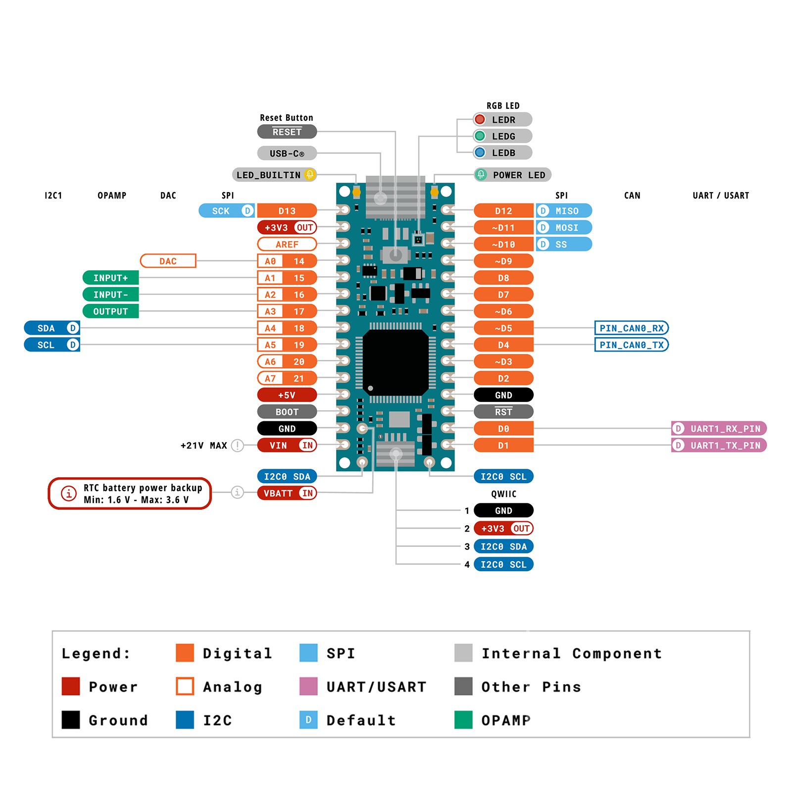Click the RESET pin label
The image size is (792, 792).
(287, 132)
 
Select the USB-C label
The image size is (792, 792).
(287, 153)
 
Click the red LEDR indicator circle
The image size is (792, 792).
(480, 119)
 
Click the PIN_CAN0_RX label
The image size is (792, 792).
(631, 328)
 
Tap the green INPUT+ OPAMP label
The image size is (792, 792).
(110, 278)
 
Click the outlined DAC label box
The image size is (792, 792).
(168, 261)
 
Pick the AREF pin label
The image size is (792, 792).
(287, 244)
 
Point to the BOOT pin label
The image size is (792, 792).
(287, 412)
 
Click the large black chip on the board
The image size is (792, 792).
(395, 361)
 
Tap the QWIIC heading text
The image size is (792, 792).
(503, 494)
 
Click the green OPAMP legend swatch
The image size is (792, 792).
(463, 720)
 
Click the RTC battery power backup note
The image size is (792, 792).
(130, 494)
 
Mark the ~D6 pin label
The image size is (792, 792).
(503, 311)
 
